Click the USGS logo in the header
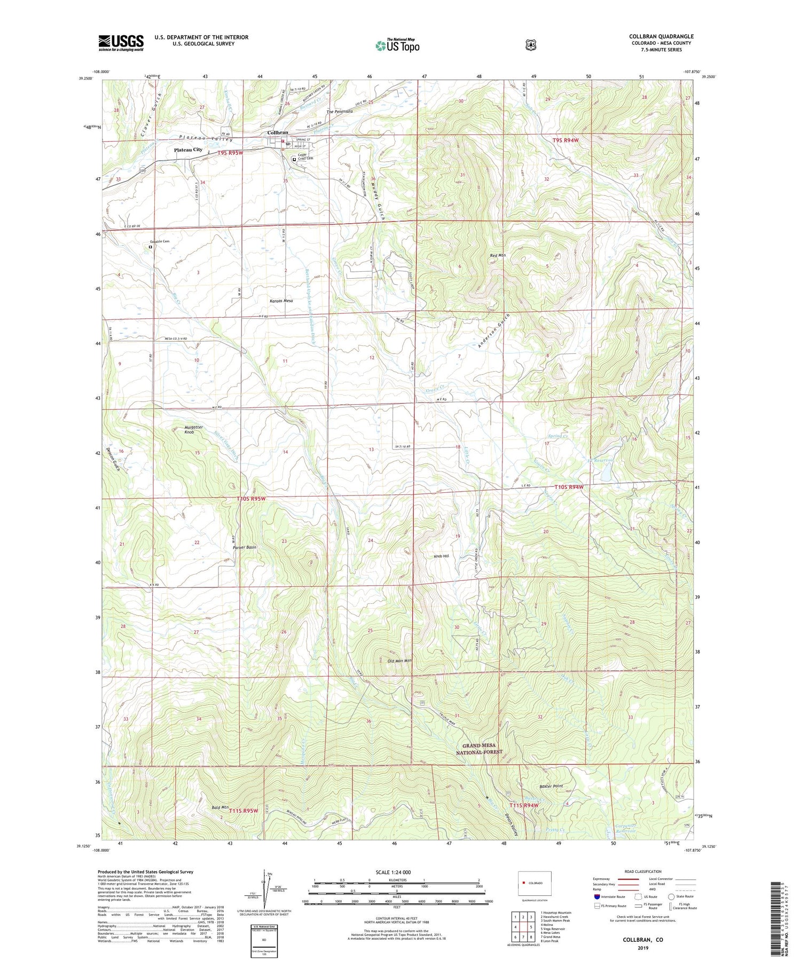pyautogui.click(x=121, y=43)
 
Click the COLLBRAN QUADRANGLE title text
pyautogui.click(x=661, y=36)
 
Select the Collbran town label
pyautogui.click(x=278, y=132)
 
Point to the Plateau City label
pyautogui.click(x=188, y=150)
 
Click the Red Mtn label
pyautogui.click(x=498, y=256)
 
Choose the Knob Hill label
pyautogui.click(x=441, y=556)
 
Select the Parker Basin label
pyautogui.click(x=245, y=548)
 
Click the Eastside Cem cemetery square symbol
pyautogui.click(x=151, y=247)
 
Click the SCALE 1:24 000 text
pyautogui.click(x=396, y=872)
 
